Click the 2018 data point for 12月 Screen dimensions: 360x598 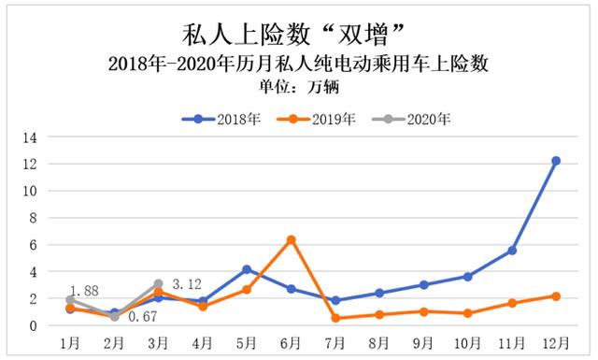[x=556, y=161]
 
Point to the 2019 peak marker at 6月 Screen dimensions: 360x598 [x=291, y=239]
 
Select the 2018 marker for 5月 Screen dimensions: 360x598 [x=247, y=269]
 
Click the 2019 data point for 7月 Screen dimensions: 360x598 [x=335, y=318]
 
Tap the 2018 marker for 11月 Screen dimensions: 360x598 [x=512, y=251]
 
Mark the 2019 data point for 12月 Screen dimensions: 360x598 [x=556, y=296]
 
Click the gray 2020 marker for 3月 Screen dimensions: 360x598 [x=159, y=283]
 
